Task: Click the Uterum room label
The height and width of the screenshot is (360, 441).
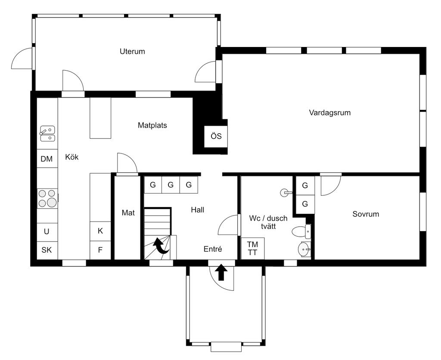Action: (132, 51)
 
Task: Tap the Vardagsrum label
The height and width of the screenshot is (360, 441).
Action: (329, 113)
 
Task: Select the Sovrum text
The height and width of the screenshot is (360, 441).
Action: (366, 214)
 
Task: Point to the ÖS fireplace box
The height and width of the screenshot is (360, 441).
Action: (216, 137)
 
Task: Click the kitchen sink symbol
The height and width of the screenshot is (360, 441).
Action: (47, 134)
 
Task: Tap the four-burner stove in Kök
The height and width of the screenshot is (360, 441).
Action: (47, 198)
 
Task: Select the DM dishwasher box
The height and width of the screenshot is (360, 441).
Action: (47, 159)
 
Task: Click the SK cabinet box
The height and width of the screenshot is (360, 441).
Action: (47, 250)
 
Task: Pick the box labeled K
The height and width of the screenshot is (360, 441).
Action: (100, 231)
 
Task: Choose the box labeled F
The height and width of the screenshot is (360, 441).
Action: (100, 250)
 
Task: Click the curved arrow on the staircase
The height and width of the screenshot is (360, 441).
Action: (161, 246)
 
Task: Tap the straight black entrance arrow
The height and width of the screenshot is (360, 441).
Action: (221, 272)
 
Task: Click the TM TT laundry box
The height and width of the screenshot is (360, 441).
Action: (252, 248)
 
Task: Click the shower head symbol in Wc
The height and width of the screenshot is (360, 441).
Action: (286, 193)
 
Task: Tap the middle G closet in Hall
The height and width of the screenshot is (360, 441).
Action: (171, 185)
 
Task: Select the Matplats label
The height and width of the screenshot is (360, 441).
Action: (152, 125)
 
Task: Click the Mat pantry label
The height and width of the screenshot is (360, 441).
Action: (128, 213)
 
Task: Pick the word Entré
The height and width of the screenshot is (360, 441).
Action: (213, 249)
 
